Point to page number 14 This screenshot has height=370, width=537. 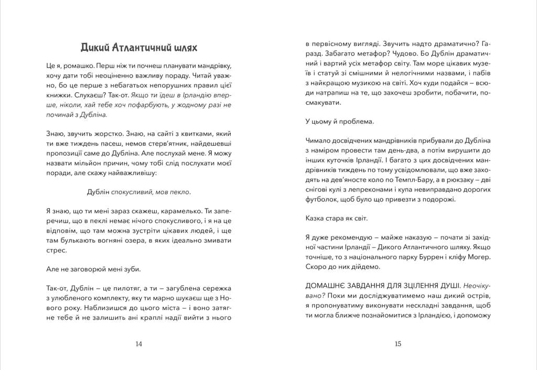(x=139, y=344)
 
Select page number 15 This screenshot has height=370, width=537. (x=398, y=344)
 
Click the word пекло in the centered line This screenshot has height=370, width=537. (x=178, y=191)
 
